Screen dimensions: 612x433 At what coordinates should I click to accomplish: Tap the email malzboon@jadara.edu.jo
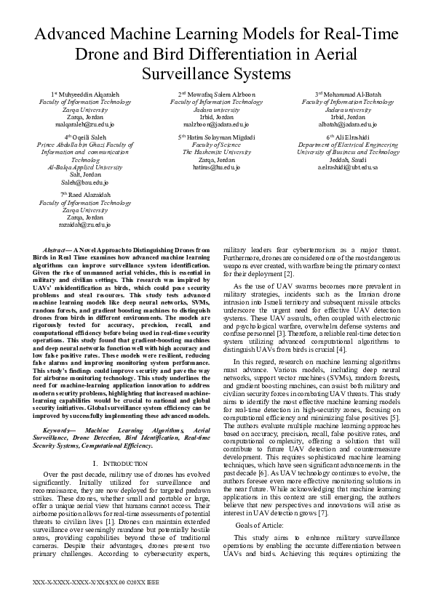(216, 124)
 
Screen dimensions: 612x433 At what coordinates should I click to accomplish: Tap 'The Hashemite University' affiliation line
(216, 153)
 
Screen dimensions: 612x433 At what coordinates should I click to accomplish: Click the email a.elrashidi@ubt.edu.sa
(348, 167)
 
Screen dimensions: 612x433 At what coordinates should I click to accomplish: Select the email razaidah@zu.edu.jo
(86, 225)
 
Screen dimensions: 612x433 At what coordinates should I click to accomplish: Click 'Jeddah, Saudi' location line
(348, 160)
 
